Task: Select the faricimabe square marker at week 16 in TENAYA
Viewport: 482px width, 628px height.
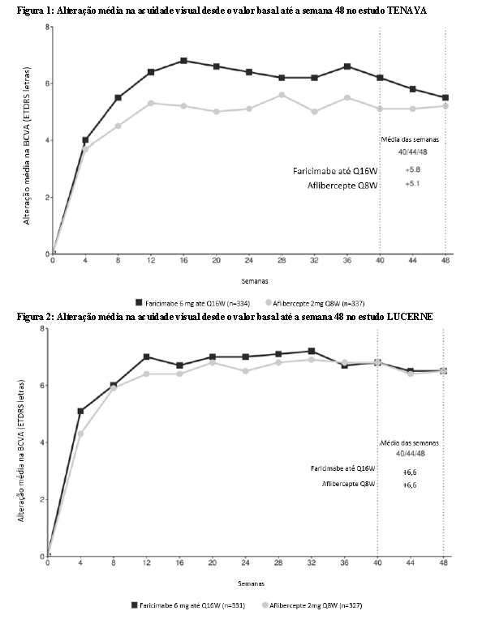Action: pos(183,61)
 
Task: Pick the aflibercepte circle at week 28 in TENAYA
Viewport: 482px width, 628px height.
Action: pos(282,95)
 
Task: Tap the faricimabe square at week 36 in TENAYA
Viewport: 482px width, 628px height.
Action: pos(347,66)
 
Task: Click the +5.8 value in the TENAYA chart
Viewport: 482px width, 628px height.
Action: pos(413,170)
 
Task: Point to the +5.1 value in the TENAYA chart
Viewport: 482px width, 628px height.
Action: pos(413,184)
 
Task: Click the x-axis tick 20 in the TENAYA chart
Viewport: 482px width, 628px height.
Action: pos(216,260)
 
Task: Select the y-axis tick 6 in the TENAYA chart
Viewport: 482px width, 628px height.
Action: pos(47,83)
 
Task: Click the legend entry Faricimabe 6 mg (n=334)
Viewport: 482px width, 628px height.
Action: pos(193,303)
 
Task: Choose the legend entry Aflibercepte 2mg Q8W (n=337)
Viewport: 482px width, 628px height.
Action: pos(315,303)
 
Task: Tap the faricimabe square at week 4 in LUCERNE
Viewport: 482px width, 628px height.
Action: pos(80,411)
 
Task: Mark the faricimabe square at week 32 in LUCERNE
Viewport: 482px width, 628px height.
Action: pos(311,351)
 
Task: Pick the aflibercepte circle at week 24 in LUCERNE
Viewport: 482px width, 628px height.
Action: pos(245,371)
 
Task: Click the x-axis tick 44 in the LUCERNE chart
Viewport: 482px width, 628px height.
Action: pos(411,562)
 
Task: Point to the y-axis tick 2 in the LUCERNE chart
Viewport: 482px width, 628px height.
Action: pos(42,499)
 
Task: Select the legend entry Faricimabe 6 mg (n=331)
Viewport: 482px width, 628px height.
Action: pos(188,605)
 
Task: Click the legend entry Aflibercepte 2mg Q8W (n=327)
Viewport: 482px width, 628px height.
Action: pos(312,605)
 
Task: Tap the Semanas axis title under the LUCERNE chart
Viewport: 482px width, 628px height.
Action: pos(252,583)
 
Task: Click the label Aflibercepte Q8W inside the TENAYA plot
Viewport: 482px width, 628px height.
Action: pos(342,186)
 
